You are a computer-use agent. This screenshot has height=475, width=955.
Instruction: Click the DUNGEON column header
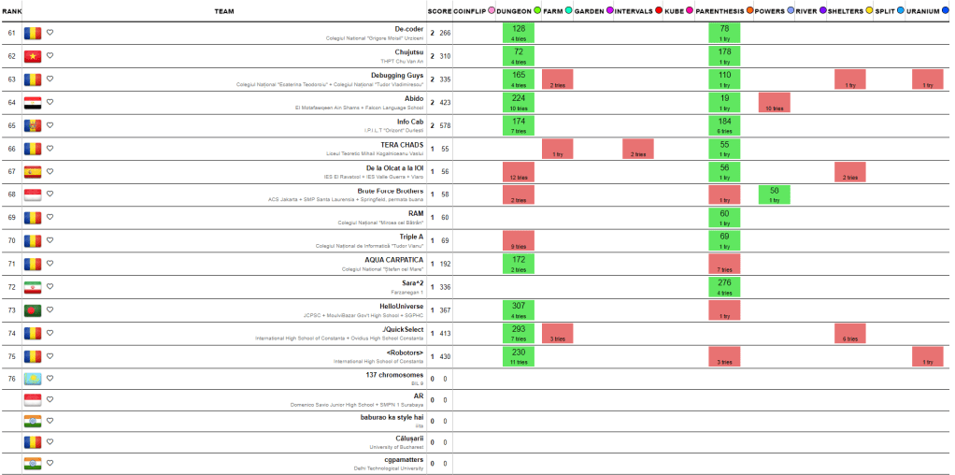[x=514, y=11]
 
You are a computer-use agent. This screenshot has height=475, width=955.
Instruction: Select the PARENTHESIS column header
[x=720, y=11]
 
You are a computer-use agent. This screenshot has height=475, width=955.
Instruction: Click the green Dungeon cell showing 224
[x=519, y=102]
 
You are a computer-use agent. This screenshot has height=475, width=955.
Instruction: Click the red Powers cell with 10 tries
[x=775, y=102]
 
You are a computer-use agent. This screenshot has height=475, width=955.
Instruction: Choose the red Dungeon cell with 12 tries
[x=519, y=171]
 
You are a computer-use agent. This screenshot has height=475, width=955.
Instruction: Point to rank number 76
[x=11, y=379]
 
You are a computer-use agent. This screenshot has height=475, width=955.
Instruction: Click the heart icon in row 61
[x=50, y=33]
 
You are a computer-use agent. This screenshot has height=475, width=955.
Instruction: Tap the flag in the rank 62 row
[x=33, y=56]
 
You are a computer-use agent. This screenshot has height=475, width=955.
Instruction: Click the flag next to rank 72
[x=33, y=286]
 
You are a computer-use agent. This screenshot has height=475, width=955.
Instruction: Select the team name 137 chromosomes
[x=395, y=375]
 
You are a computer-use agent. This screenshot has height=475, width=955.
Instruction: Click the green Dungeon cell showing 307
[x=519, y=309]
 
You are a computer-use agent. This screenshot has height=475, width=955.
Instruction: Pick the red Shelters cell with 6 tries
[x=850, y=333]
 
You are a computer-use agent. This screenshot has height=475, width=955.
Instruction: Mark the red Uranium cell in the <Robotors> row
[x=927, y=355]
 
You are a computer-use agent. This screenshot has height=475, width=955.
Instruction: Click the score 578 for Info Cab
[x=446, y=125]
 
